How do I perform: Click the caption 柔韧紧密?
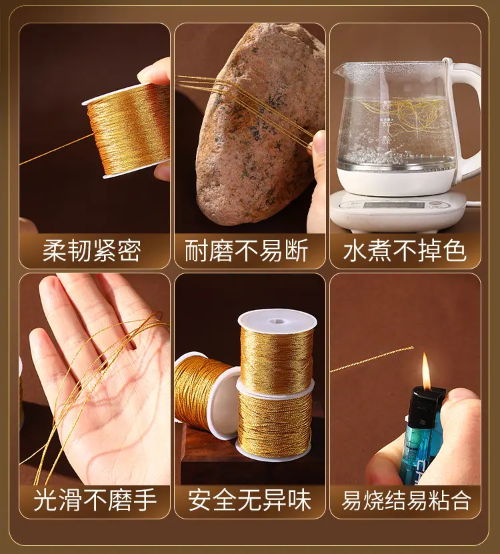(92, 251)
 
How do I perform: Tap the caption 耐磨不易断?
(247, 251)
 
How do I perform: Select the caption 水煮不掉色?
(405, 251)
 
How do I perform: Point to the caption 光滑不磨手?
(95, 500)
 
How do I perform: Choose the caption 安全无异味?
(249, 500)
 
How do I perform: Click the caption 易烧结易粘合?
(407, 500)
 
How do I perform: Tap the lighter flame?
(426, 371)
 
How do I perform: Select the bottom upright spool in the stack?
(275, 421)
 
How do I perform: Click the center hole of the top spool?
(277, 321)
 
